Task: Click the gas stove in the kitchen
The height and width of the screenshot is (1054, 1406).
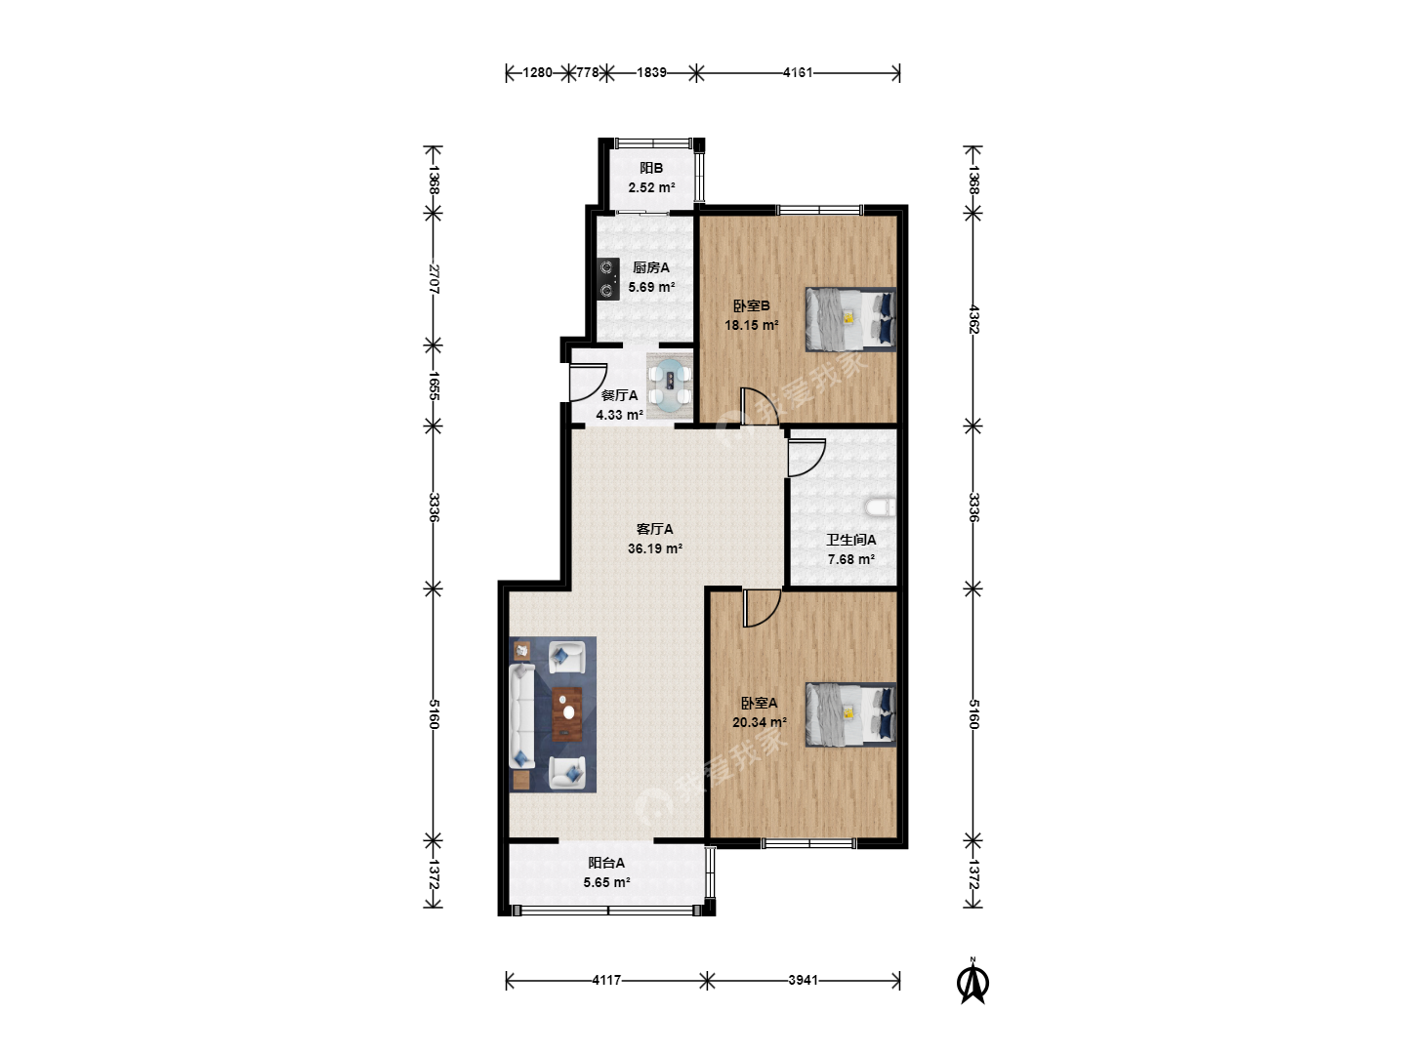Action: [608, 278]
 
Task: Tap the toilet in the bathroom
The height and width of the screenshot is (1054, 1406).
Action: [880, 507]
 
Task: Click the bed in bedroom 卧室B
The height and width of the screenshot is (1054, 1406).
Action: [850, 319]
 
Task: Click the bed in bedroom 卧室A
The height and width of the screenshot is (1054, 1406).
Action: [850, 714]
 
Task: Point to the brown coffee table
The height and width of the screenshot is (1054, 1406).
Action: [567, 714]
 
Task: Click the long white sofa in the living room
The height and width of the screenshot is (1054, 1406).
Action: [522, 715]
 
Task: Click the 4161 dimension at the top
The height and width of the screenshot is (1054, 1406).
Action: [798, 73]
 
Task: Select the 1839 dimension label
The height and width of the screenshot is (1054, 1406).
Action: [651, 73]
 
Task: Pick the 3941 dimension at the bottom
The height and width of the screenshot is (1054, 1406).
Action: [804, 980]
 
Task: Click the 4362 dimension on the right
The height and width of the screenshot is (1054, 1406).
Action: [973, 319]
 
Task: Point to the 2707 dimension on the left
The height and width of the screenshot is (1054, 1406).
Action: [434, 279]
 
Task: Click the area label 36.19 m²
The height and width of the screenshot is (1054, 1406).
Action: [654, 548]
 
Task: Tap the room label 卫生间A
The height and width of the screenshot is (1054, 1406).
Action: [850, 540]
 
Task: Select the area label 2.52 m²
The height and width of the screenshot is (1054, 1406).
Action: [651, 187]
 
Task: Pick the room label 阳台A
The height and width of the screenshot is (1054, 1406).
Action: [606, 864]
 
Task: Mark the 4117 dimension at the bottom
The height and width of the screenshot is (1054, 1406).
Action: [606, 980]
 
